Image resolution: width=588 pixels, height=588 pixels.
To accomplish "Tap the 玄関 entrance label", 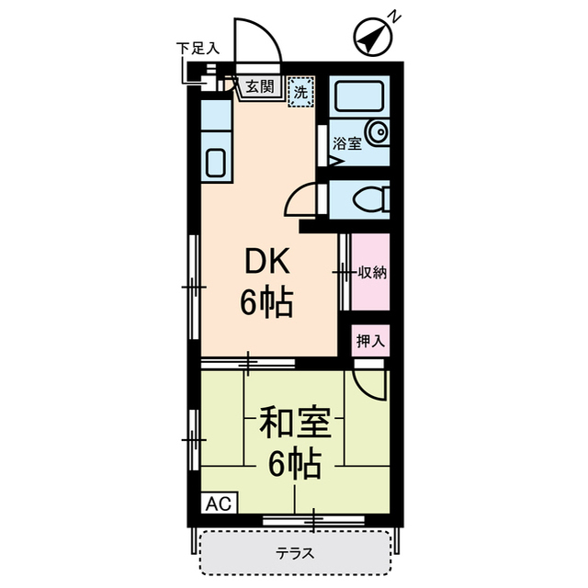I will point(259,87).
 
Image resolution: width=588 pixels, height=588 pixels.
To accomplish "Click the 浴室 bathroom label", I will point(346,143).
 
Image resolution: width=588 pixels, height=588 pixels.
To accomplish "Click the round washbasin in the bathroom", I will point(378,133).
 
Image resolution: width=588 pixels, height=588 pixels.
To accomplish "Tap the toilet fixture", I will point(372,198).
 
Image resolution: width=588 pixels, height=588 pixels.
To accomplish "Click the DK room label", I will point(266,264).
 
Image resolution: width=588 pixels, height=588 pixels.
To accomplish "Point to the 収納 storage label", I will point(371,272).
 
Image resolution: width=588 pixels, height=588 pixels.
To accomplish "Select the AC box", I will point(219,503).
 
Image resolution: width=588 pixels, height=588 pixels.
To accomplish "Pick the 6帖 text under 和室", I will point(294,466).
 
